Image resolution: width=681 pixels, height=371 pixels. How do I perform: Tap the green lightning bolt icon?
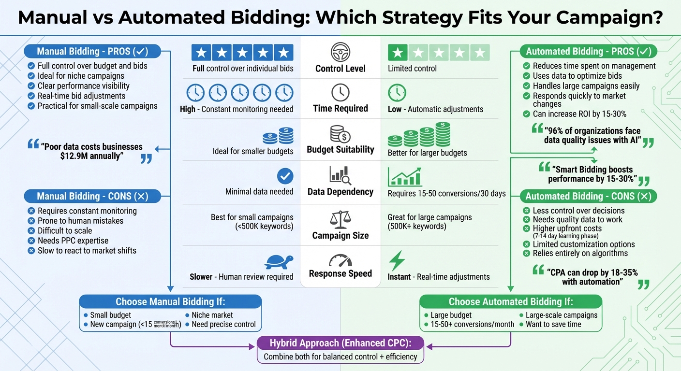pyautogui.click(x=397, y=261)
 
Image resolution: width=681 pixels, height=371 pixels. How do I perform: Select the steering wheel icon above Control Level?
pyautogui.click(x=340, y=52)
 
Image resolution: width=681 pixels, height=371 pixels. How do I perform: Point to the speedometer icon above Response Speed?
pyautogui.click(x=340, y=261)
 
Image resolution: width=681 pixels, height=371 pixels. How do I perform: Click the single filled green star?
pyautogui.click(x=398, y=52)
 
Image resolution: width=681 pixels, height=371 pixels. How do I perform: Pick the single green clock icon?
pyautogui.click(x=397, y=92)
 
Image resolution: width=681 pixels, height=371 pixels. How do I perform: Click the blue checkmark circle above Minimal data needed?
pyautogui.click(x=285, y=176)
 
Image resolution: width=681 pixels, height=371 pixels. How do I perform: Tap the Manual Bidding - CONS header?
pyautogui.click(x=92, y=196)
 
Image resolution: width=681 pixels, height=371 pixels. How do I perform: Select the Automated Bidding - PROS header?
pyautogui.click(x=588, y=51)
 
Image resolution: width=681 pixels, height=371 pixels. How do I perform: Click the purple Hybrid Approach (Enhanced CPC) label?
pyautogui.click(x=340, y=343)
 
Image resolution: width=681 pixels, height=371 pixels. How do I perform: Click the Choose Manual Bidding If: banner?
pyautogui.click(x=170, y=302)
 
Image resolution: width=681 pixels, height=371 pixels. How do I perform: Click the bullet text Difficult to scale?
pyautogui.click(x=65, y=230)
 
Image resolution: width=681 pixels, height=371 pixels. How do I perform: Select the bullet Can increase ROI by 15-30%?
pyautogui.click(x=579, y=114)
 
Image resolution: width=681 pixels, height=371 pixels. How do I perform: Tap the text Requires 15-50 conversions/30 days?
pyautogui.click(x=446, y=193)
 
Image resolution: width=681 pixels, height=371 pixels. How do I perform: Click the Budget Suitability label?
pyautogui.click(x=340, y=149)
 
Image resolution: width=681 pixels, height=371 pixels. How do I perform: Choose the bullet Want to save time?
pyautogui.click(x=553, y=324)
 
